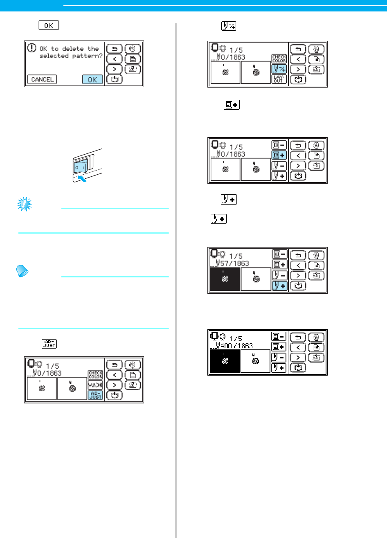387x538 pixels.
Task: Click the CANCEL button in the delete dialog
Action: (x=42, y=79)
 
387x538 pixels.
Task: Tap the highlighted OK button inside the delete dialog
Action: (x=92, y=79)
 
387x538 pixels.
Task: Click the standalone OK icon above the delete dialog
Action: (x=49, y=26)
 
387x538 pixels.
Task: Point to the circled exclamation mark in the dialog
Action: (x=32, y=48)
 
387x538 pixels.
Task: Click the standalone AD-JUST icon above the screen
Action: (x=49, y=343)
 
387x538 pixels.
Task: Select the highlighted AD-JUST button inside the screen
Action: (x=95, y=395)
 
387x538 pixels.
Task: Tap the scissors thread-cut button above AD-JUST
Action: (x=95, y=385)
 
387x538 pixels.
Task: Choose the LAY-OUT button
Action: (x=279, y=79)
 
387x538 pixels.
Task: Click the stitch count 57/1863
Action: (x=234, y=263)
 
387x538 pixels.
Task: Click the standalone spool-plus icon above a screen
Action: (x=232, y=106)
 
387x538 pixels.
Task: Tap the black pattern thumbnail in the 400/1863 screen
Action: (x=225, y=361)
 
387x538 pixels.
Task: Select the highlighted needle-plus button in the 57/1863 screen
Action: (x=279, y=286)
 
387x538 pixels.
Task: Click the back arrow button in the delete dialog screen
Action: (x=114, y=49)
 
